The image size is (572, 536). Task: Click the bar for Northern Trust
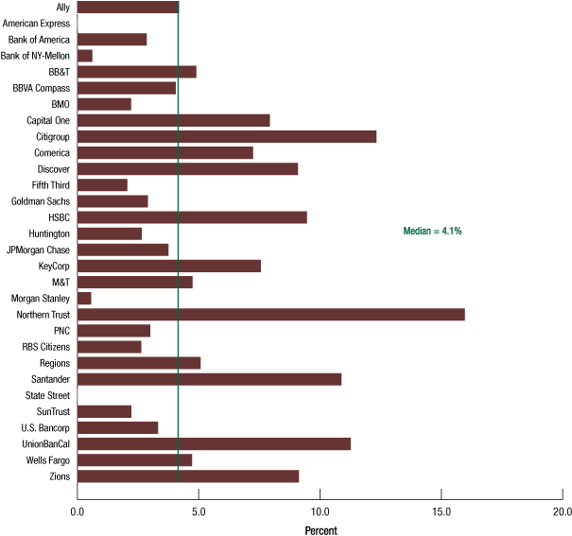[270, 314]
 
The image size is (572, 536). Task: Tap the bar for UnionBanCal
[214, 443]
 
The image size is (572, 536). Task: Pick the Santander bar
[209, 378]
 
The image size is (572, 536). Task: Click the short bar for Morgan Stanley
[84, 298]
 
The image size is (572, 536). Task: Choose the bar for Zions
[188, 475]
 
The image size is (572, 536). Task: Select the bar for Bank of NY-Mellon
[85, 56]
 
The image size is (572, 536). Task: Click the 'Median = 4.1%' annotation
[432, 231]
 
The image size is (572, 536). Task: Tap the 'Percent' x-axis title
[321, 530]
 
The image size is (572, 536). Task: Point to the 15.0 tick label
[442, 510]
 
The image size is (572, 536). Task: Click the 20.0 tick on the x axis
[562, 510]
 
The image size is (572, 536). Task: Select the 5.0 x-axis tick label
[199, 510]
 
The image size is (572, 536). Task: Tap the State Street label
[45, 394]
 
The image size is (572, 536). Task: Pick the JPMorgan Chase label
[38, 250]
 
